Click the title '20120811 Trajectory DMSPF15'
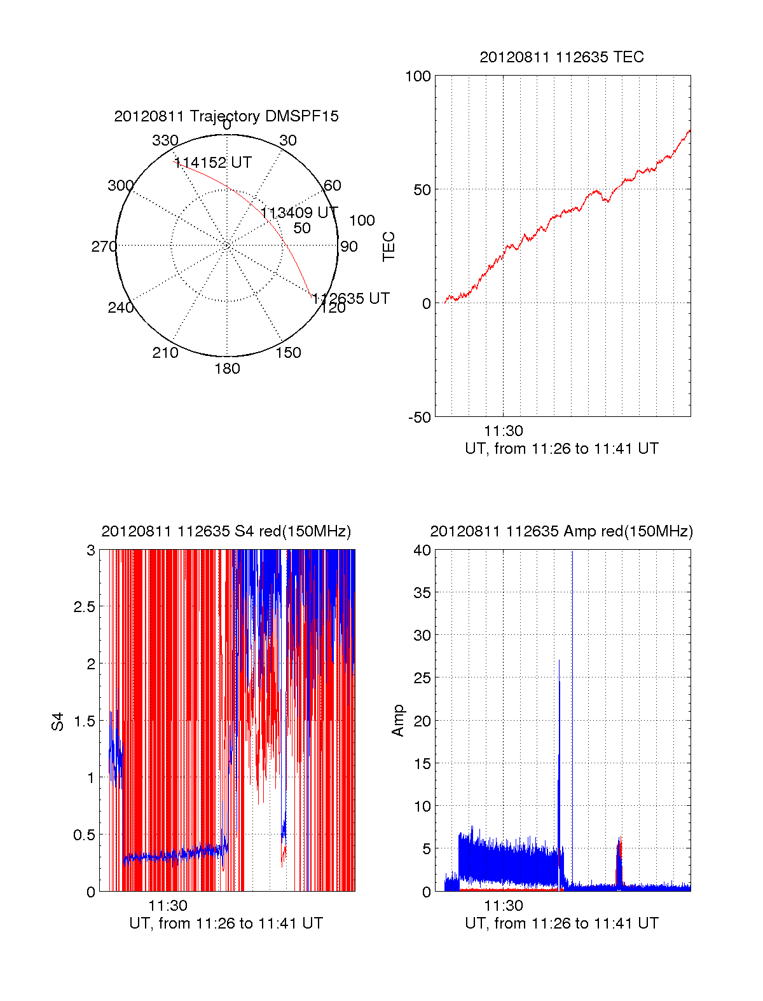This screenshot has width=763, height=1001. pos(226,116)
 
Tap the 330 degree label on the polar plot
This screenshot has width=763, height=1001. pos(165,140)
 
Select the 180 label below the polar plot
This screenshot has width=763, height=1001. pos(227,369)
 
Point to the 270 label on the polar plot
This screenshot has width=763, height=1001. pos(104,247)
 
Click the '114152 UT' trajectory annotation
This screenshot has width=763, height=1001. pos(213,163)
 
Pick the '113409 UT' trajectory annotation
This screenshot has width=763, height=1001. pos(299,212)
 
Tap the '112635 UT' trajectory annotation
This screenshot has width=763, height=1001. pos(351,298)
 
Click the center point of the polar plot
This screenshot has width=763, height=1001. pos(227,245)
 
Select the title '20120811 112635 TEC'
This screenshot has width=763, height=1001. pos(561,57)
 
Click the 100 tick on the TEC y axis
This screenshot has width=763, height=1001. pos(418,76)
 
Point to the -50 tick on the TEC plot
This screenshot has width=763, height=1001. pos(420,418)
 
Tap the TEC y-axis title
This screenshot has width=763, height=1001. pos(388,247)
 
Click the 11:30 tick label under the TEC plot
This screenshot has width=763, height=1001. pos(504,431)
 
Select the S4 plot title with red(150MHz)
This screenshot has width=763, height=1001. pos(226,531)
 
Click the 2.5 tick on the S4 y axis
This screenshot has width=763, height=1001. pos(85,607)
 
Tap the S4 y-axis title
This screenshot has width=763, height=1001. pos(58,721)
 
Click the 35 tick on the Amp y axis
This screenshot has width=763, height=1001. pos(422,593)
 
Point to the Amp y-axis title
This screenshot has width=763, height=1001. pos(398,721)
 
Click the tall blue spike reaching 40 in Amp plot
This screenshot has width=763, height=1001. pos(572,636)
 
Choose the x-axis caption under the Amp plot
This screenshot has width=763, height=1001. pos(561,923)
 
